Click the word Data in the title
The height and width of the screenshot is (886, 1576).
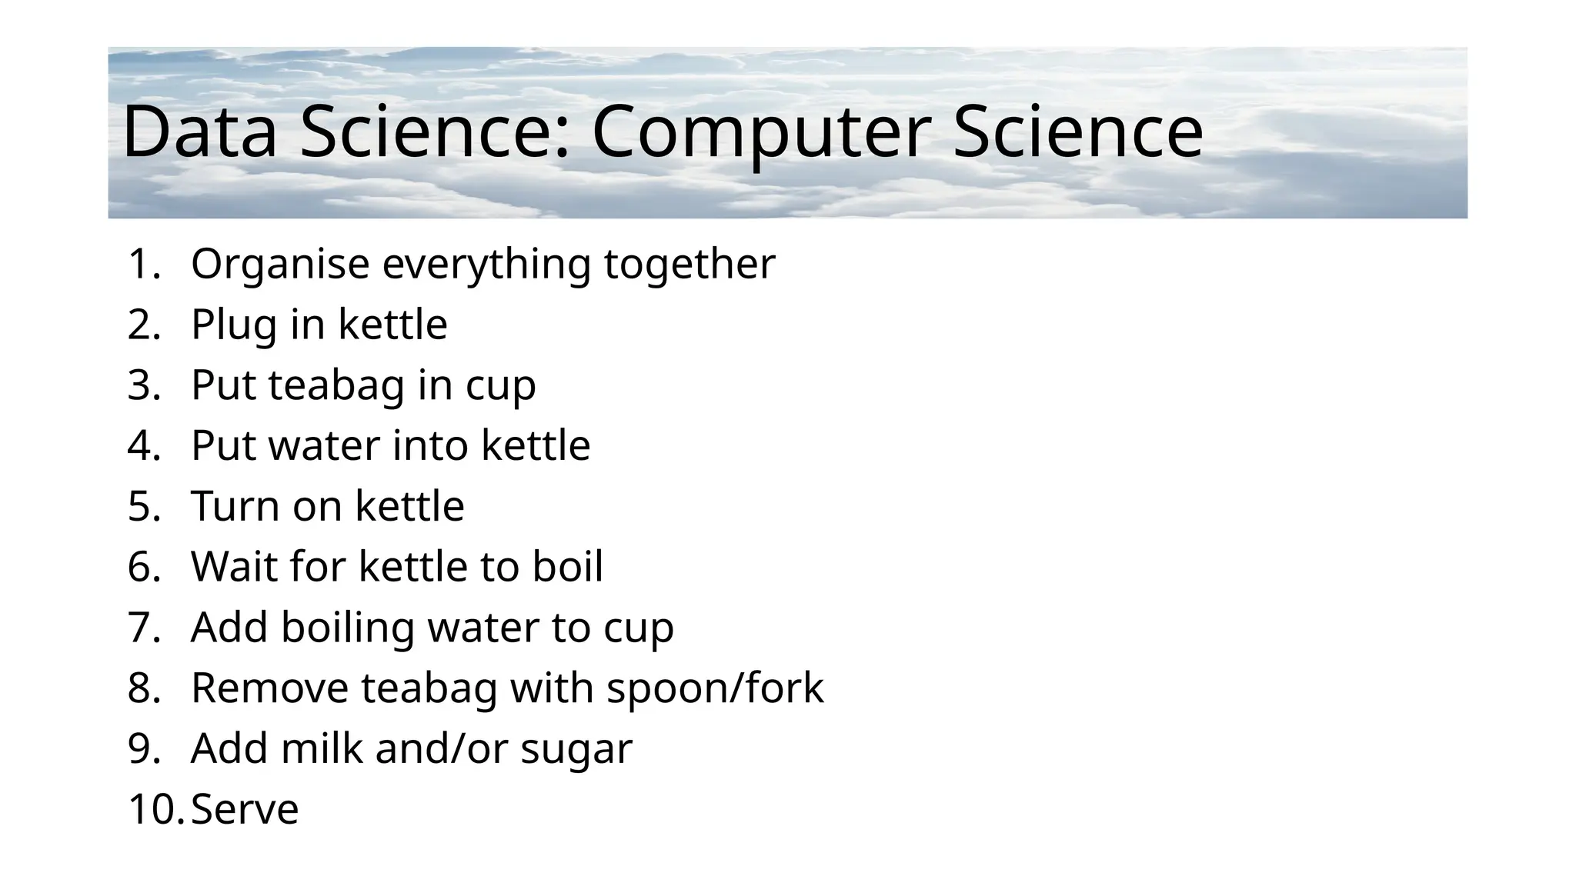(199, 132)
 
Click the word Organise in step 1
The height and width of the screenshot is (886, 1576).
(280, 265)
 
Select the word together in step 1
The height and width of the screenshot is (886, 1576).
(689, 265)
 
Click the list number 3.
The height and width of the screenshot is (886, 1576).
(143, 385)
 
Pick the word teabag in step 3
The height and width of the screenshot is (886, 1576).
(336, 385)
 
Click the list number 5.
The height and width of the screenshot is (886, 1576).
(143, 506)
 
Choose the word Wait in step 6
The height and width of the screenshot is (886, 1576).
(234, 567)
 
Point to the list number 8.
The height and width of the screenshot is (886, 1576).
(143, 688)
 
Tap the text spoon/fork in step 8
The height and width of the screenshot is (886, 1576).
(715, 688)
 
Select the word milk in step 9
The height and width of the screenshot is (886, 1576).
(322, 748)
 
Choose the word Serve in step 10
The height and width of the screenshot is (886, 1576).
(245, 809)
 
